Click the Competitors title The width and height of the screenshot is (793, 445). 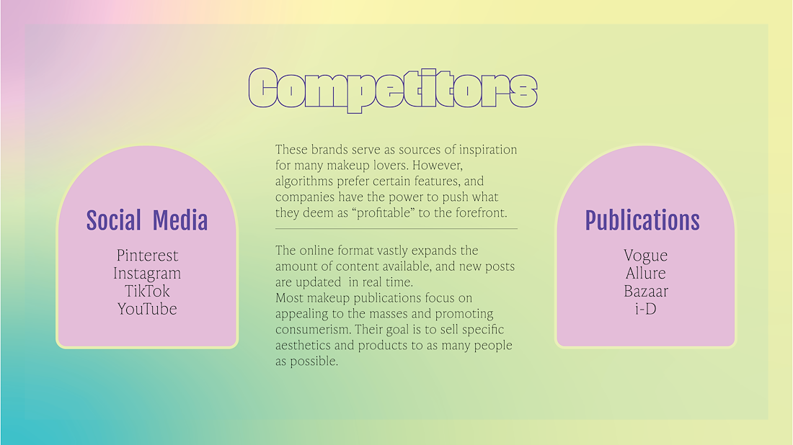click(x=393, y=89)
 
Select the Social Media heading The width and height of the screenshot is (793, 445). click(x=147, y=220)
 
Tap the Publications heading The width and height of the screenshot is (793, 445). click(x=642, y=220)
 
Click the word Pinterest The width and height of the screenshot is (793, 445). click(x=147, y=255)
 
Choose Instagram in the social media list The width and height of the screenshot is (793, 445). click(x=147, y=273)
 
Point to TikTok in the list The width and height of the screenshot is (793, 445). click(x=147, y=291)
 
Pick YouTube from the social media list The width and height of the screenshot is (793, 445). click(x=147, y=309)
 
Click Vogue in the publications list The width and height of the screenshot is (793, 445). click(x=645, y=256)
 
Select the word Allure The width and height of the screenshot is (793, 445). click(x=645, y=273)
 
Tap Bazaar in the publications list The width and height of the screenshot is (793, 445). click(x=646, y=291)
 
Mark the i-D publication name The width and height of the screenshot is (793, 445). click(x=646, y=309)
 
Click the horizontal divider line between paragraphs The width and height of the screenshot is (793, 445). click(x=396, y=229)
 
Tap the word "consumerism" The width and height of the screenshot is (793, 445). click(x=313, y=329)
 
